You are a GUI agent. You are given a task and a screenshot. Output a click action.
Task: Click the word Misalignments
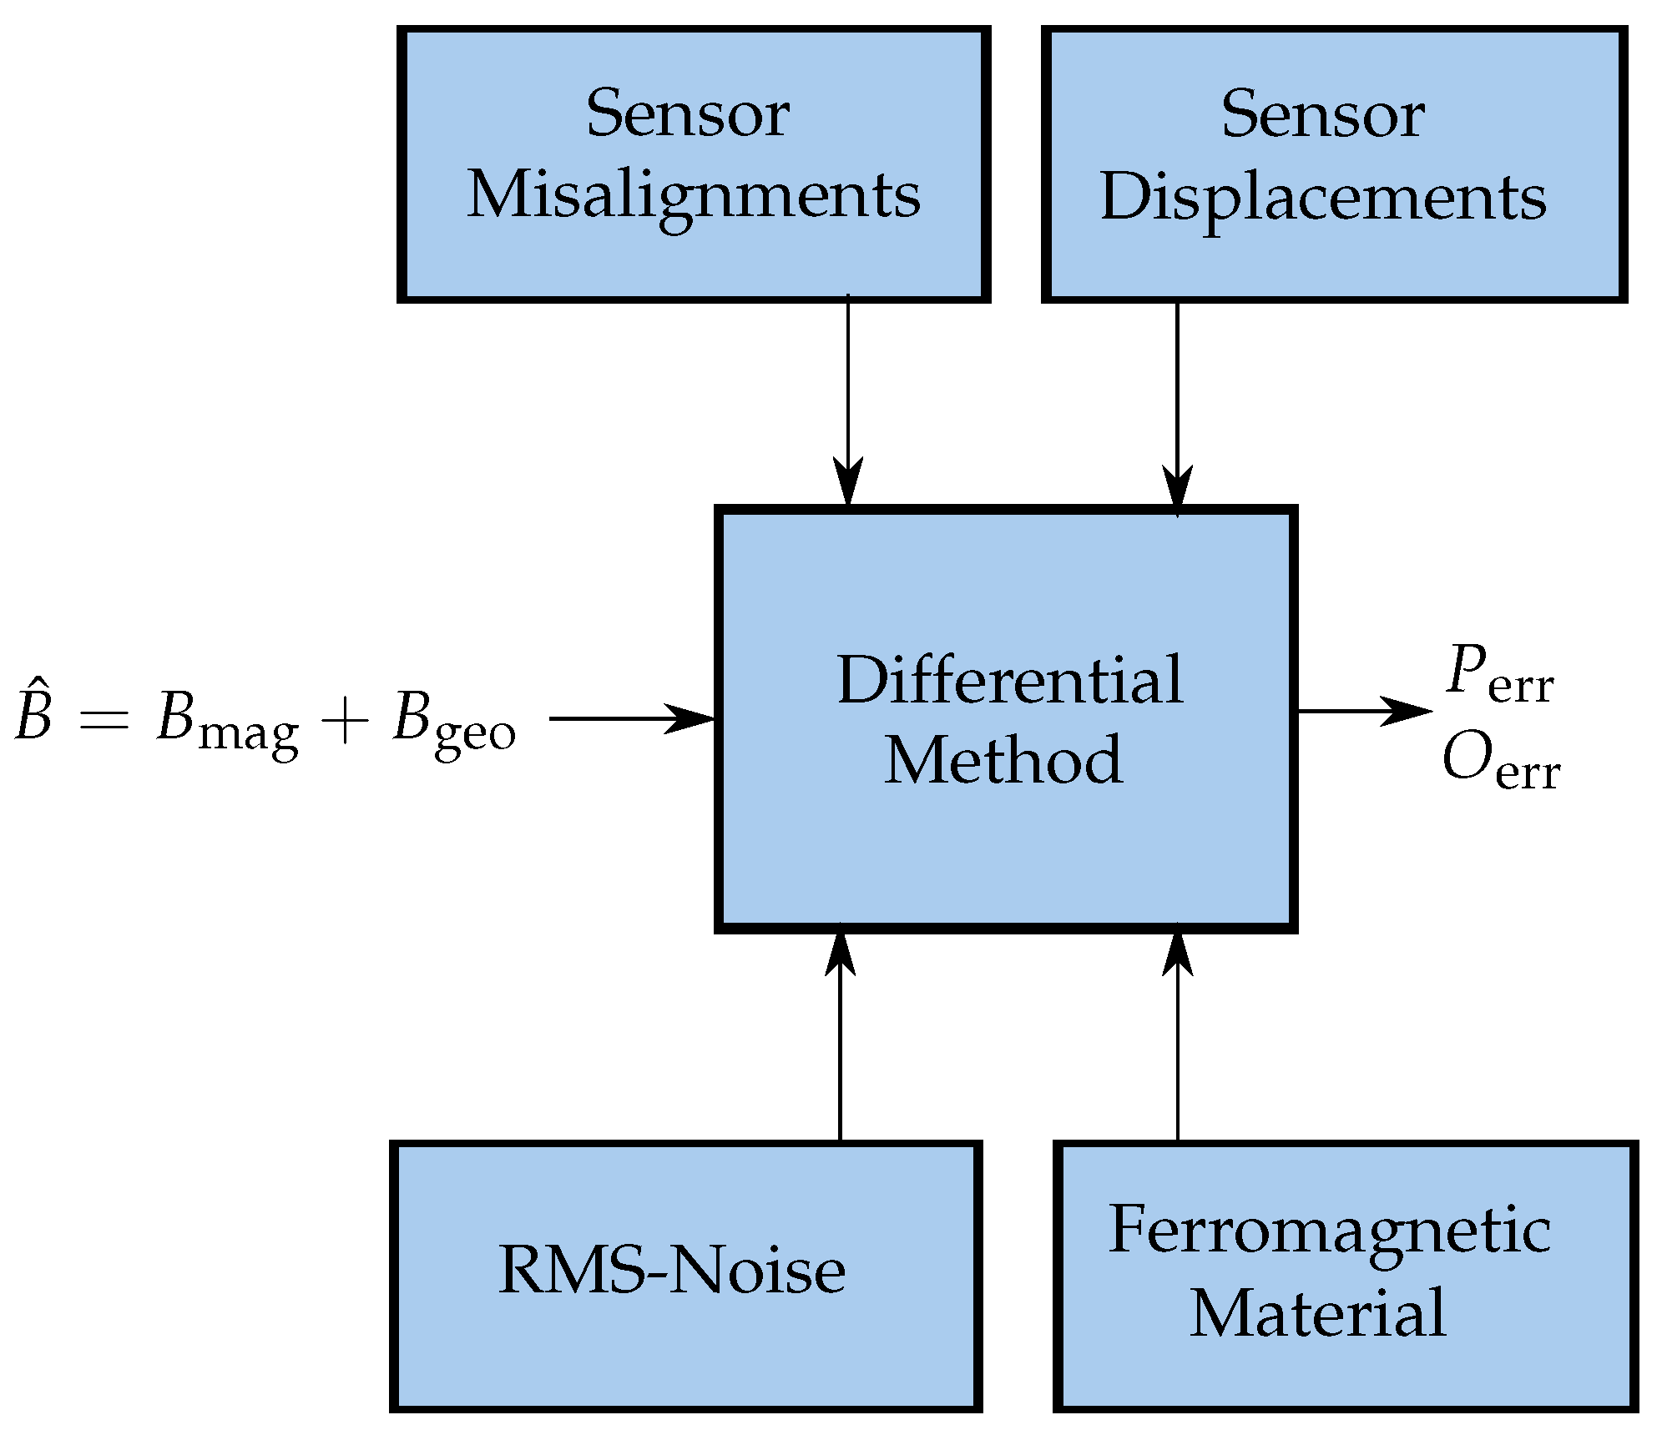click(693, 197)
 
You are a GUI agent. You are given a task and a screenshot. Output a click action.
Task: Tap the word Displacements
click(1323, 199)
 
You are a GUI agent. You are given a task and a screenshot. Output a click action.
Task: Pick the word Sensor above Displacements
click(1322, 115)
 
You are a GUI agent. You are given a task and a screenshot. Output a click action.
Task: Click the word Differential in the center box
click(1009, 681)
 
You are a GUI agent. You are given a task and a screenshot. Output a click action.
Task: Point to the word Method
click(1003, 760)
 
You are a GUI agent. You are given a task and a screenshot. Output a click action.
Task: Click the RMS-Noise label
click(672, 1271)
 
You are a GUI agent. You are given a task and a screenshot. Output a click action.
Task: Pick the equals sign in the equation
click(104, 719)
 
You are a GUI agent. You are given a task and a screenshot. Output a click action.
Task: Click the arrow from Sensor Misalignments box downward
click(848, 400)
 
